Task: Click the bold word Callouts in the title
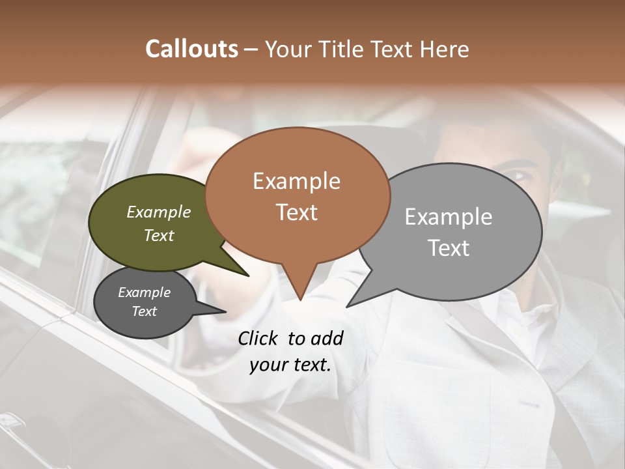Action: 191,49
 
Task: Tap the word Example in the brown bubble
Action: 296,181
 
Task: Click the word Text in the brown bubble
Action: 296,212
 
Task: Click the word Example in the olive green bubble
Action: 158,212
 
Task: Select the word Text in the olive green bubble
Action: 158,235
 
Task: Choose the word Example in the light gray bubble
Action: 449,217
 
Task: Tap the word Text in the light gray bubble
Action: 449,248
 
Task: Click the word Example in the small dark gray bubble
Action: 144,292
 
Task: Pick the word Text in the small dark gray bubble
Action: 144,311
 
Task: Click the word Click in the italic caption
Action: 259,338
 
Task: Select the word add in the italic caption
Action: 327,338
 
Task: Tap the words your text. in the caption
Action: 290,365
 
